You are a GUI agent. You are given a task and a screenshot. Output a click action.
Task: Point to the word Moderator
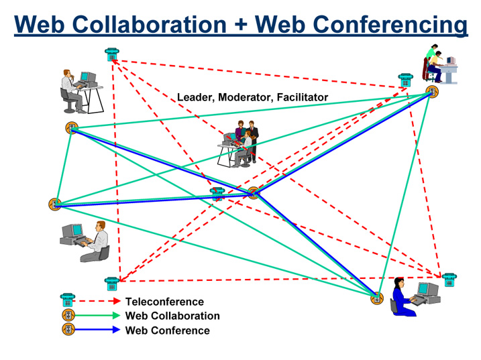pyautogui.click(x=245, y=98)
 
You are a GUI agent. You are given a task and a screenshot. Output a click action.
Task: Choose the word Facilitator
pyautogui.click(x=301, y=98)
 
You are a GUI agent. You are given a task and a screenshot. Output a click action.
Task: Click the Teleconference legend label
pyautogui.click(x=165, y=302)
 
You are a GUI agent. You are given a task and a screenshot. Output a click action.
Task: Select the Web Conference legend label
pyautogui.click(x=168, y=330)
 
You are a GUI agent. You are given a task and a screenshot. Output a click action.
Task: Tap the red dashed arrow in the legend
pyautogui.click(x=99, y=302)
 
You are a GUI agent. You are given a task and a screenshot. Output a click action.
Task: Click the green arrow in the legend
pyautogui.click(x=99, y=316)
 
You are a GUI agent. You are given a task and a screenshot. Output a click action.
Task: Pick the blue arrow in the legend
pyautogui.click(x=99, y=330)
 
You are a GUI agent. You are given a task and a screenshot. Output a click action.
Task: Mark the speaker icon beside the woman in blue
pyautogui.click(x=376, y=298)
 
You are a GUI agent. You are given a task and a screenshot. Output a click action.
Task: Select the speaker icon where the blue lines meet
pyautogui.click(x=253, y=193)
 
